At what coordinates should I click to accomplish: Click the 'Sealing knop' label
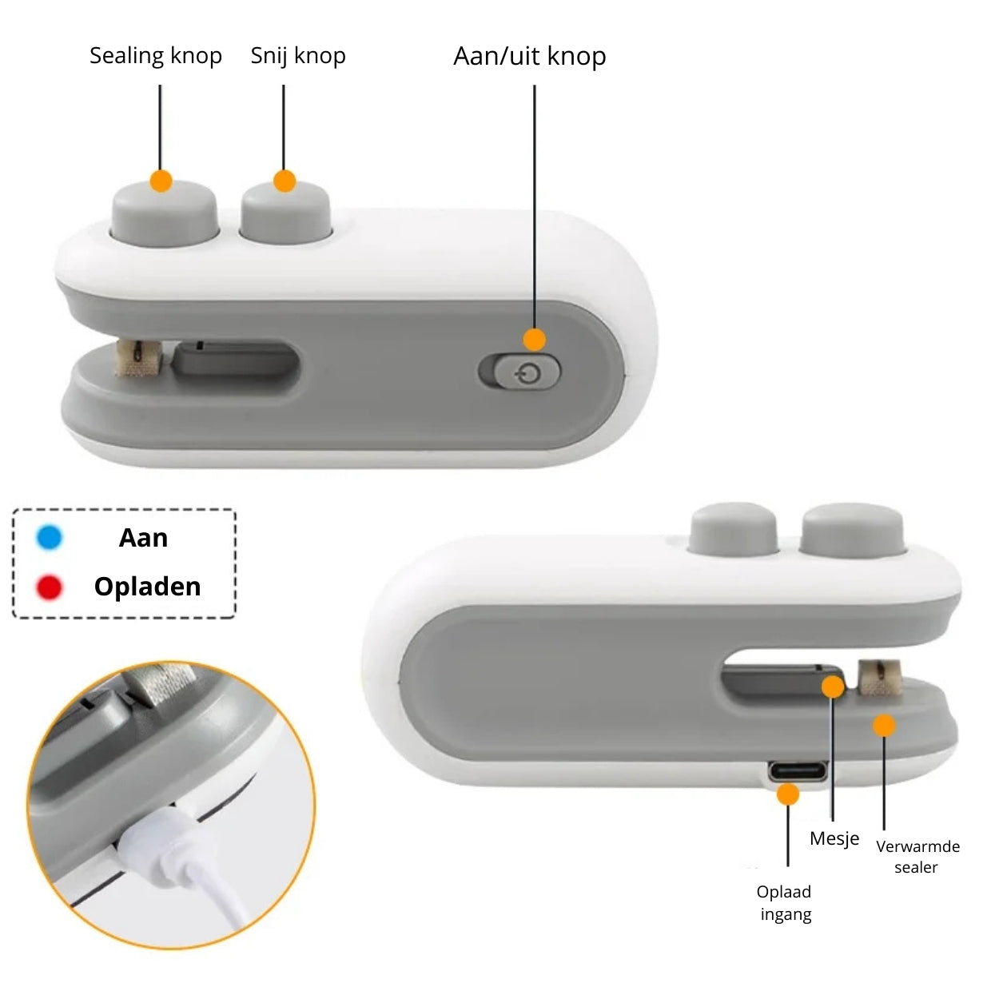click(156, 56)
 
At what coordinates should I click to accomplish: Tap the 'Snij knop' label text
click(298, 56)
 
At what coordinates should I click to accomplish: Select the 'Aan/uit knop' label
click(529, 56)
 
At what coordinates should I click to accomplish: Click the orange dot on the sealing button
click(161, 181)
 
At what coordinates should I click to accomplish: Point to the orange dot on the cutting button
click(284, 181)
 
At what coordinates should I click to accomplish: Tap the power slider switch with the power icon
click(527, 372)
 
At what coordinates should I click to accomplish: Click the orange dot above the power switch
click(534, 340)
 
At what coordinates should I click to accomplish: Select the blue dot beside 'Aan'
click(50, 537)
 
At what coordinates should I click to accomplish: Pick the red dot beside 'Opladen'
click(50, 587)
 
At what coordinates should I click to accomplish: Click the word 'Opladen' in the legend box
click(147, 587)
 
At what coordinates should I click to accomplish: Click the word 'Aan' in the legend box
click(144, 538)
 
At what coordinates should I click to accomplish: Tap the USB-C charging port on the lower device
click(798, 771)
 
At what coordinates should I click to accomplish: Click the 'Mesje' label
click(834, 838)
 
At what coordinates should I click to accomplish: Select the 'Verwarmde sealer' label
click(917, 857)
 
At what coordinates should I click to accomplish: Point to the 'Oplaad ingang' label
click(785, 902)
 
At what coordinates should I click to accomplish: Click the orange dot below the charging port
click(787, 794)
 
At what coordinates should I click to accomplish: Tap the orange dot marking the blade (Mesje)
click(833, 687)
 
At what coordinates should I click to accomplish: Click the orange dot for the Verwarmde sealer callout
click(884, 725)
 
